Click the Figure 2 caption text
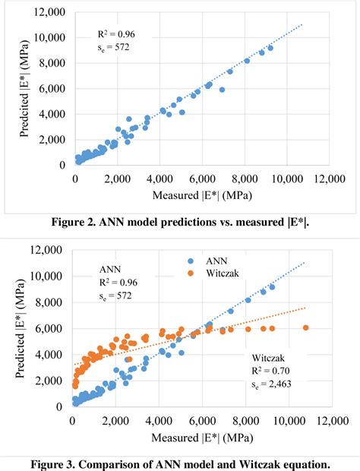point(180,222)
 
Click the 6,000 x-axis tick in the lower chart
point(204,420)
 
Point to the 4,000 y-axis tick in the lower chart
point(49,355)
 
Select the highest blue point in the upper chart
point(270,48)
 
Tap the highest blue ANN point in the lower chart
point(271,287)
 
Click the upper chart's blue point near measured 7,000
point(222,90)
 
